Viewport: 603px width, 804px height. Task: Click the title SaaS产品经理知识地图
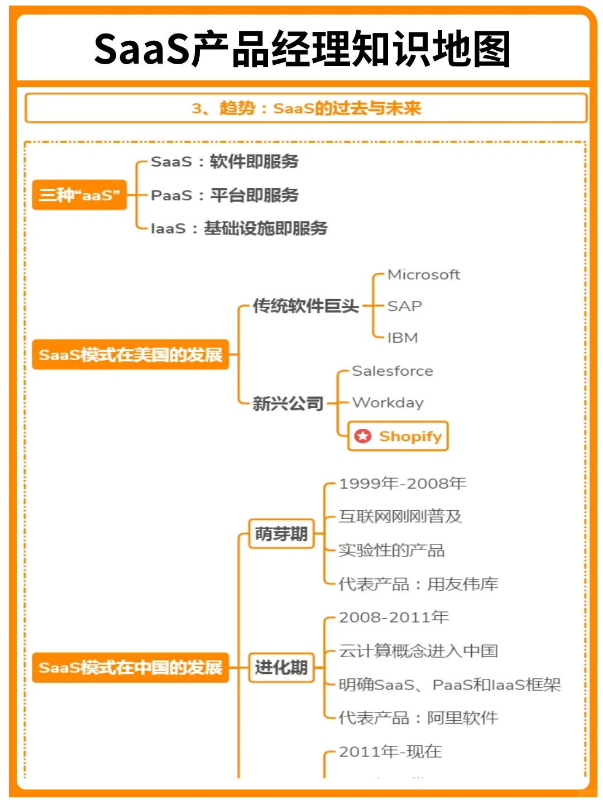click(x=302, y=49)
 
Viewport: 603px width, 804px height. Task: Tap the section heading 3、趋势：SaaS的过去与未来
click(x=306, y=108)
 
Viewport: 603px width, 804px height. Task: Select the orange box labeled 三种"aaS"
click(x=79, y=195)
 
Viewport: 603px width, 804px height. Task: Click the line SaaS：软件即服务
click(x=224, y=162)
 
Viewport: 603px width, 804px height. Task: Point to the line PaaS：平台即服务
click(x=224, y=195)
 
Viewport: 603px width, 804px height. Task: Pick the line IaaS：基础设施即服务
click(x=239, y=228)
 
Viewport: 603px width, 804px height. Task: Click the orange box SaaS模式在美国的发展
click(x=131, y=355)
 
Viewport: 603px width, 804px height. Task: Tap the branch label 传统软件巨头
click(x=305, y=306)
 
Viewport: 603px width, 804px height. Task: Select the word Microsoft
click(x=424, y=275)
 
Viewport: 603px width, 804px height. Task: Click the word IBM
click(x=403, y=338)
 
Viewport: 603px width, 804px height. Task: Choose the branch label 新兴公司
click(x=288, y=403)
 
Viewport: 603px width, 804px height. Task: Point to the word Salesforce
click(x=393, y=371)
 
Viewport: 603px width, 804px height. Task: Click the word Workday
click(x=388, y=403)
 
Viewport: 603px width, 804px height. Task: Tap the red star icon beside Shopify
click(x=363, y=436)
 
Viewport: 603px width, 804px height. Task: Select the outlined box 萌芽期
click(x=281, y=534)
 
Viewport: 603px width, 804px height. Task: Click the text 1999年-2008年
click(x=403, y=484)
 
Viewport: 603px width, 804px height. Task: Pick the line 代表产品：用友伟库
click(x=418, y=584)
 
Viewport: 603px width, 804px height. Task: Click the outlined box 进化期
click(x=281, y=667)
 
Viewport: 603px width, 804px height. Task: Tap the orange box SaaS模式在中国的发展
click(x=131, y=667)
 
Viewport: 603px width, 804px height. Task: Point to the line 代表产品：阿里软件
click(x=418, y=718)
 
